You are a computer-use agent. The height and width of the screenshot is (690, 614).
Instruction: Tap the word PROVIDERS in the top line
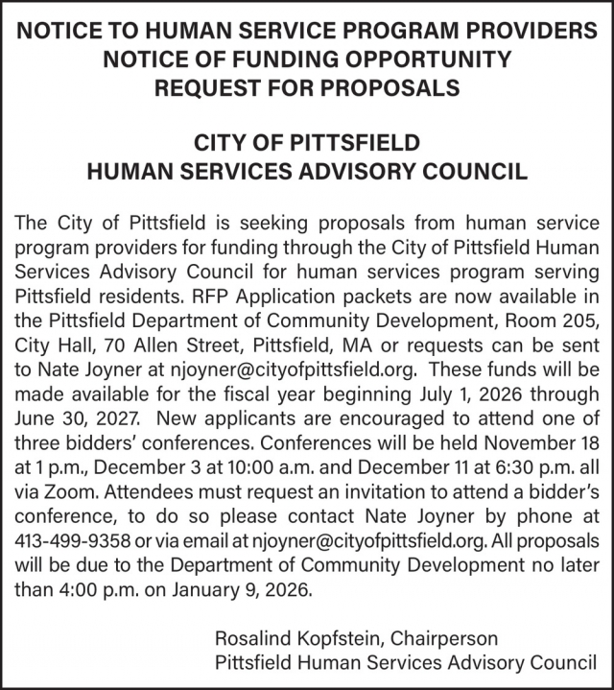click(515, 31)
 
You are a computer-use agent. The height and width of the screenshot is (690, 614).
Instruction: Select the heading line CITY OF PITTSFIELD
click(307, 144)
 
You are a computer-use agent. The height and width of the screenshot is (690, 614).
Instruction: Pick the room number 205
click(576, 319)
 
